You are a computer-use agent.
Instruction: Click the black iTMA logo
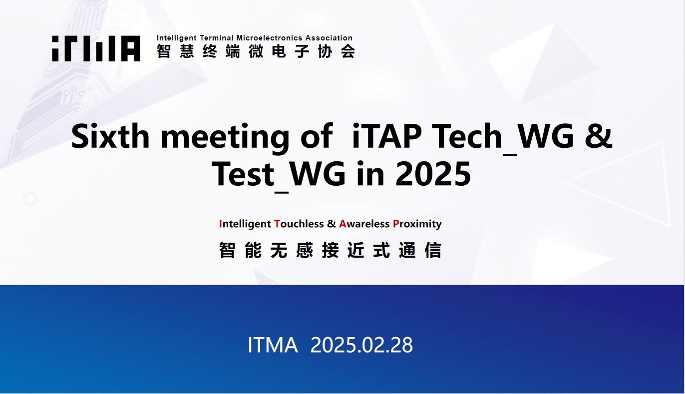[96, 48]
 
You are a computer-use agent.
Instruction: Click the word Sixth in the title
[110, 136]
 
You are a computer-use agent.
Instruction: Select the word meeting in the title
[225, 138]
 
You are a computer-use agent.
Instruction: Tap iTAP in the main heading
[387, 136]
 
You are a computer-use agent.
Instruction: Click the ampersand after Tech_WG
[599, 136]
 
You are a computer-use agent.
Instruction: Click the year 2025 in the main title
[433, 174]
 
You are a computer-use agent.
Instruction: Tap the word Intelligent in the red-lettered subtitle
[245, 224]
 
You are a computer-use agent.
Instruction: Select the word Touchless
[299, 224]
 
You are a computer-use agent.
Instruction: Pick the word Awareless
[364, 224]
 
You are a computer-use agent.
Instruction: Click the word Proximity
[417, 224]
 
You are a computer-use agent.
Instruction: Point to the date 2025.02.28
[361, 345]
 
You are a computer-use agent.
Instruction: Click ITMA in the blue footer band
[273, 345]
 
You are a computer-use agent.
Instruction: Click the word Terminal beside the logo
[217, 38]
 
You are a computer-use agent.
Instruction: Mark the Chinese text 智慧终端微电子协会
[256, 51]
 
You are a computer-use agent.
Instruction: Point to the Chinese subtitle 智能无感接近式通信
[331, 250]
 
